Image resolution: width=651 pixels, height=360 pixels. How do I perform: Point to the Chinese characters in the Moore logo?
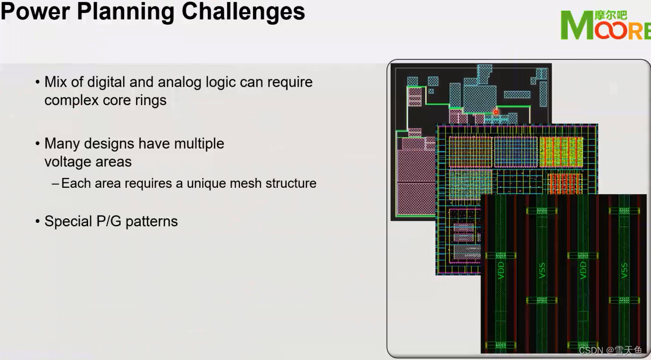click(x=611, y=15)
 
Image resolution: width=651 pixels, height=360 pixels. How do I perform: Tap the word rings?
click(x=150, y=100)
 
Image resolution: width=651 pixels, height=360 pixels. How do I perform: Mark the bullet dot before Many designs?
click(x=38, y=144)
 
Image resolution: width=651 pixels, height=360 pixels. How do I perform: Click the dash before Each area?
click(x=55, y=184)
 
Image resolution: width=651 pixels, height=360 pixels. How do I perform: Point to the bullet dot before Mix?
click(x=38, y=82)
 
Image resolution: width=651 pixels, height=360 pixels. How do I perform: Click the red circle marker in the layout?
click(x=496, y=112)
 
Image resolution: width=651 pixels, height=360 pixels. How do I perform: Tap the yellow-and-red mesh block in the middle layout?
click(x=561, y=152)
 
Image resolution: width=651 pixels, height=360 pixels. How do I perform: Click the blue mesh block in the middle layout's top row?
click(x=516, y=152)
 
